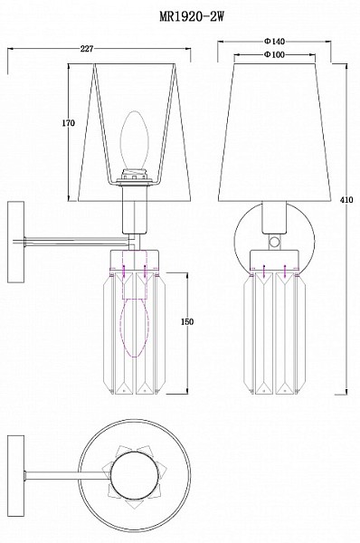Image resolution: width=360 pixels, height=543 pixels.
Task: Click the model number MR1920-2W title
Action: coord(192,16)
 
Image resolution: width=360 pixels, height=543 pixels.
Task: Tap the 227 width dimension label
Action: coord(87,49)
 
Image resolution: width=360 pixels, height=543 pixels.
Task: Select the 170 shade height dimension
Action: coord(69,123)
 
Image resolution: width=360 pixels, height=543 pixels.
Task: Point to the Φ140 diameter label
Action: coord(274,42)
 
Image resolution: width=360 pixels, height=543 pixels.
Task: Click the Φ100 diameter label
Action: coord(274,54)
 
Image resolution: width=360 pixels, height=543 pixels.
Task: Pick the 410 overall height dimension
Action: coord(346,200)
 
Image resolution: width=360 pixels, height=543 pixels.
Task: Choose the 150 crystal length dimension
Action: coord(187,321)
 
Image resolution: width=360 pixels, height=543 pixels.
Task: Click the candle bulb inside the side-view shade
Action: coord(135,139)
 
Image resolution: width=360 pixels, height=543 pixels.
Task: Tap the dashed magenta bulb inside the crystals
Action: coord(134,328)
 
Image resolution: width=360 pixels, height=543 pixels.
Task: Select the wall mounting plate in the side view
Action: coord(16,242)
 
